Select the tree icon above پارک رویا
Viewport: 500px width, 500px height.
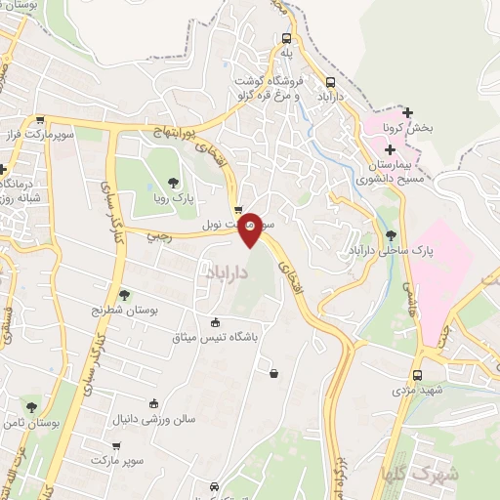pos(173,182)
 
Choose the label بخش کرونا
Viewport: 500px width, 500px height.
pos(407,128)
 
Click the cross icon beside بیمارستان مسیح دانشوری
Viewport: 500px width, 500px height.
pos(391,149)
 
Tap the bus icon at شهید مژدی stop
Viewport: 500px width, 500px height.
pos(417,375)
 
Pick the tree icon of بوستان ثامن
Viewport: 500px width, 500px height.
pos(31,406)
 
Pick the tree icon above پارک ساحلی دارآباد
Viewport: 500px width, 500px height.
pos(392,235)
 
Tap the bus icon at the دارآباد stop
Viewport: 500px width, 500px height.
pos(331,83)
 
